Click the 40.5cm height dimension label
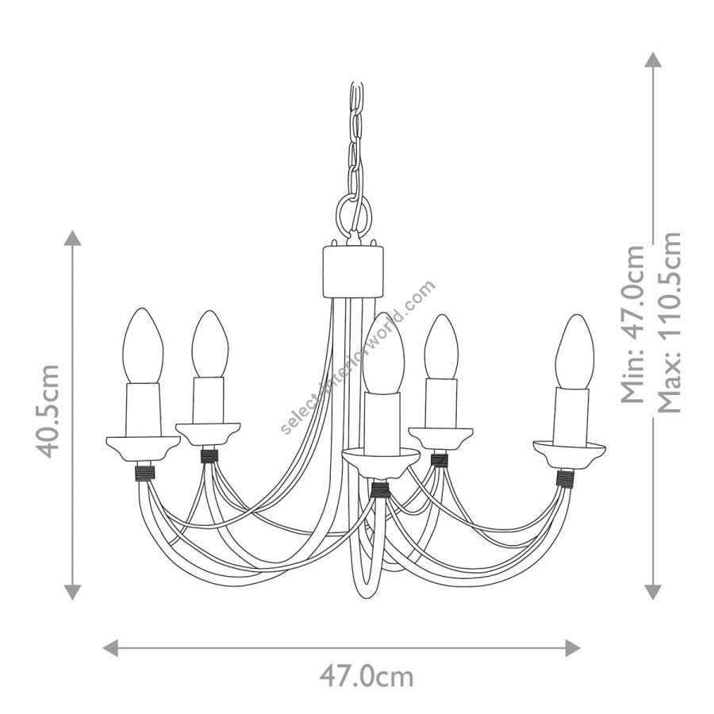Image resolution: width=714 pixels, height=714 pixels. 48,411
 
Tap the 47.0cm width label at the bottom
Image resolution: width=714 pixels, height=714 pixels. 367,678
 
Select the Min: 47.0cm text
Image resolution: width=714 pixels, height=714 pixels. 633,324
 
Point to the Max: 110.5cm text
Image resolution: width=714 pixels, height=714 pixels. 669,322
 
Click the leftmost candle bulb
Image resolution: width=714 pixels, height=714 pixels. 143,346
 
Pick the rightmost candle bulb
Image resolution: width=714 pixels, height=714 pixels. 574,351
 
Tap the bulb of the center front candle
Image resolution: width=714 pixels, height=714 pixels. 383,353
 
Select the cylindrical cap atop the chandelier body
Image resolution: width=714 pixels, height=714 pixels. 352,272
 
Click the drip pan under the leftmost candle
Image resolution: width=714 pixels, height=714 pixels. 143,450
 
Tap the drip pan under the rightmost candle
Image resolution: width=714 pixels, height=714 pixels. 569,454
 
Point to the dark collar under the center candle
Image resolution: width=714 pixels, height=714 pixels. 380,489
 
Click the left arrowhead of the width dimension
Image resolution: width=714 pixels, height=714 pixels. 110,647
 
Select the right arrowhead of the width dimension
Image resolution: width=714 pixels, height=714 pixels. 572,647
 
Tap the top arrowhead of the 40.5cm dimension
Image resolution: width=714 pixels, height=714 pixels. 72,238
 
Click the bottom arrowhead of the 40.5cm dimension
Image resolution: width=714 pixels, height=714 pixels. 72,592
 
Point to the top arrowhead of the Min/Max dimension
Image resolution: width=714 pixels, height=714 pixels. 653,59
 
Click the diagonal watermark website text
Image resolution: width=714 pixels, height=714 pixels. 358,358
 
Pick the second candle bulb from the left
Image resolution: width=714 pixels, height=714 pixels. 209,344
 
